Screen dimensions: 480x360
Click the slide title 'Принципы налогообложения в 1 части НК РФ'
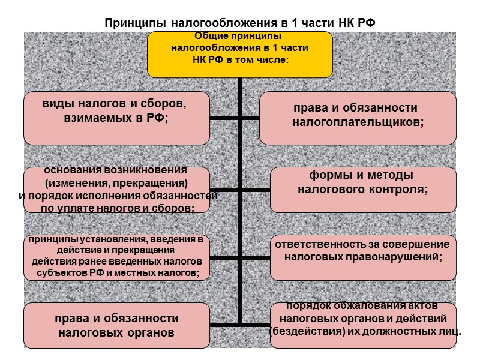[x=239, y=23]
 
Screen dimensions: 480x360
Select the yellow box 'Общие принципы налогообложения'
[x=239, y=54]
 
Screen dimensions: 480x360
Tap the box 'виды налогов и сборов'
[x=116, y=118]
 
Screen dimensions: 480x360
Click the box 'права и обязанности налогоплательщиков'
[x=358, y=118]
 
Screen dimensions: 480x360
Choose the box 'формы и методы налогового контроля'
[x=363, y=190]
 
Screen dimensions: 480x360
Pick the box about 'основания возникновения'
[x=116, y=190]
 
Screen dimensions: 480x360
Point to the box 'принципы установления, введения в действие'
[x=116, y=257]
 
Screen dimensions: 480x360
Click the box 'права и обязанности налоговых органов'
[x=116, y=325]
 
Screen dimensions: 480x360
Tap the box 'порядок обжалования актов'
[x=363, y=325]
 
